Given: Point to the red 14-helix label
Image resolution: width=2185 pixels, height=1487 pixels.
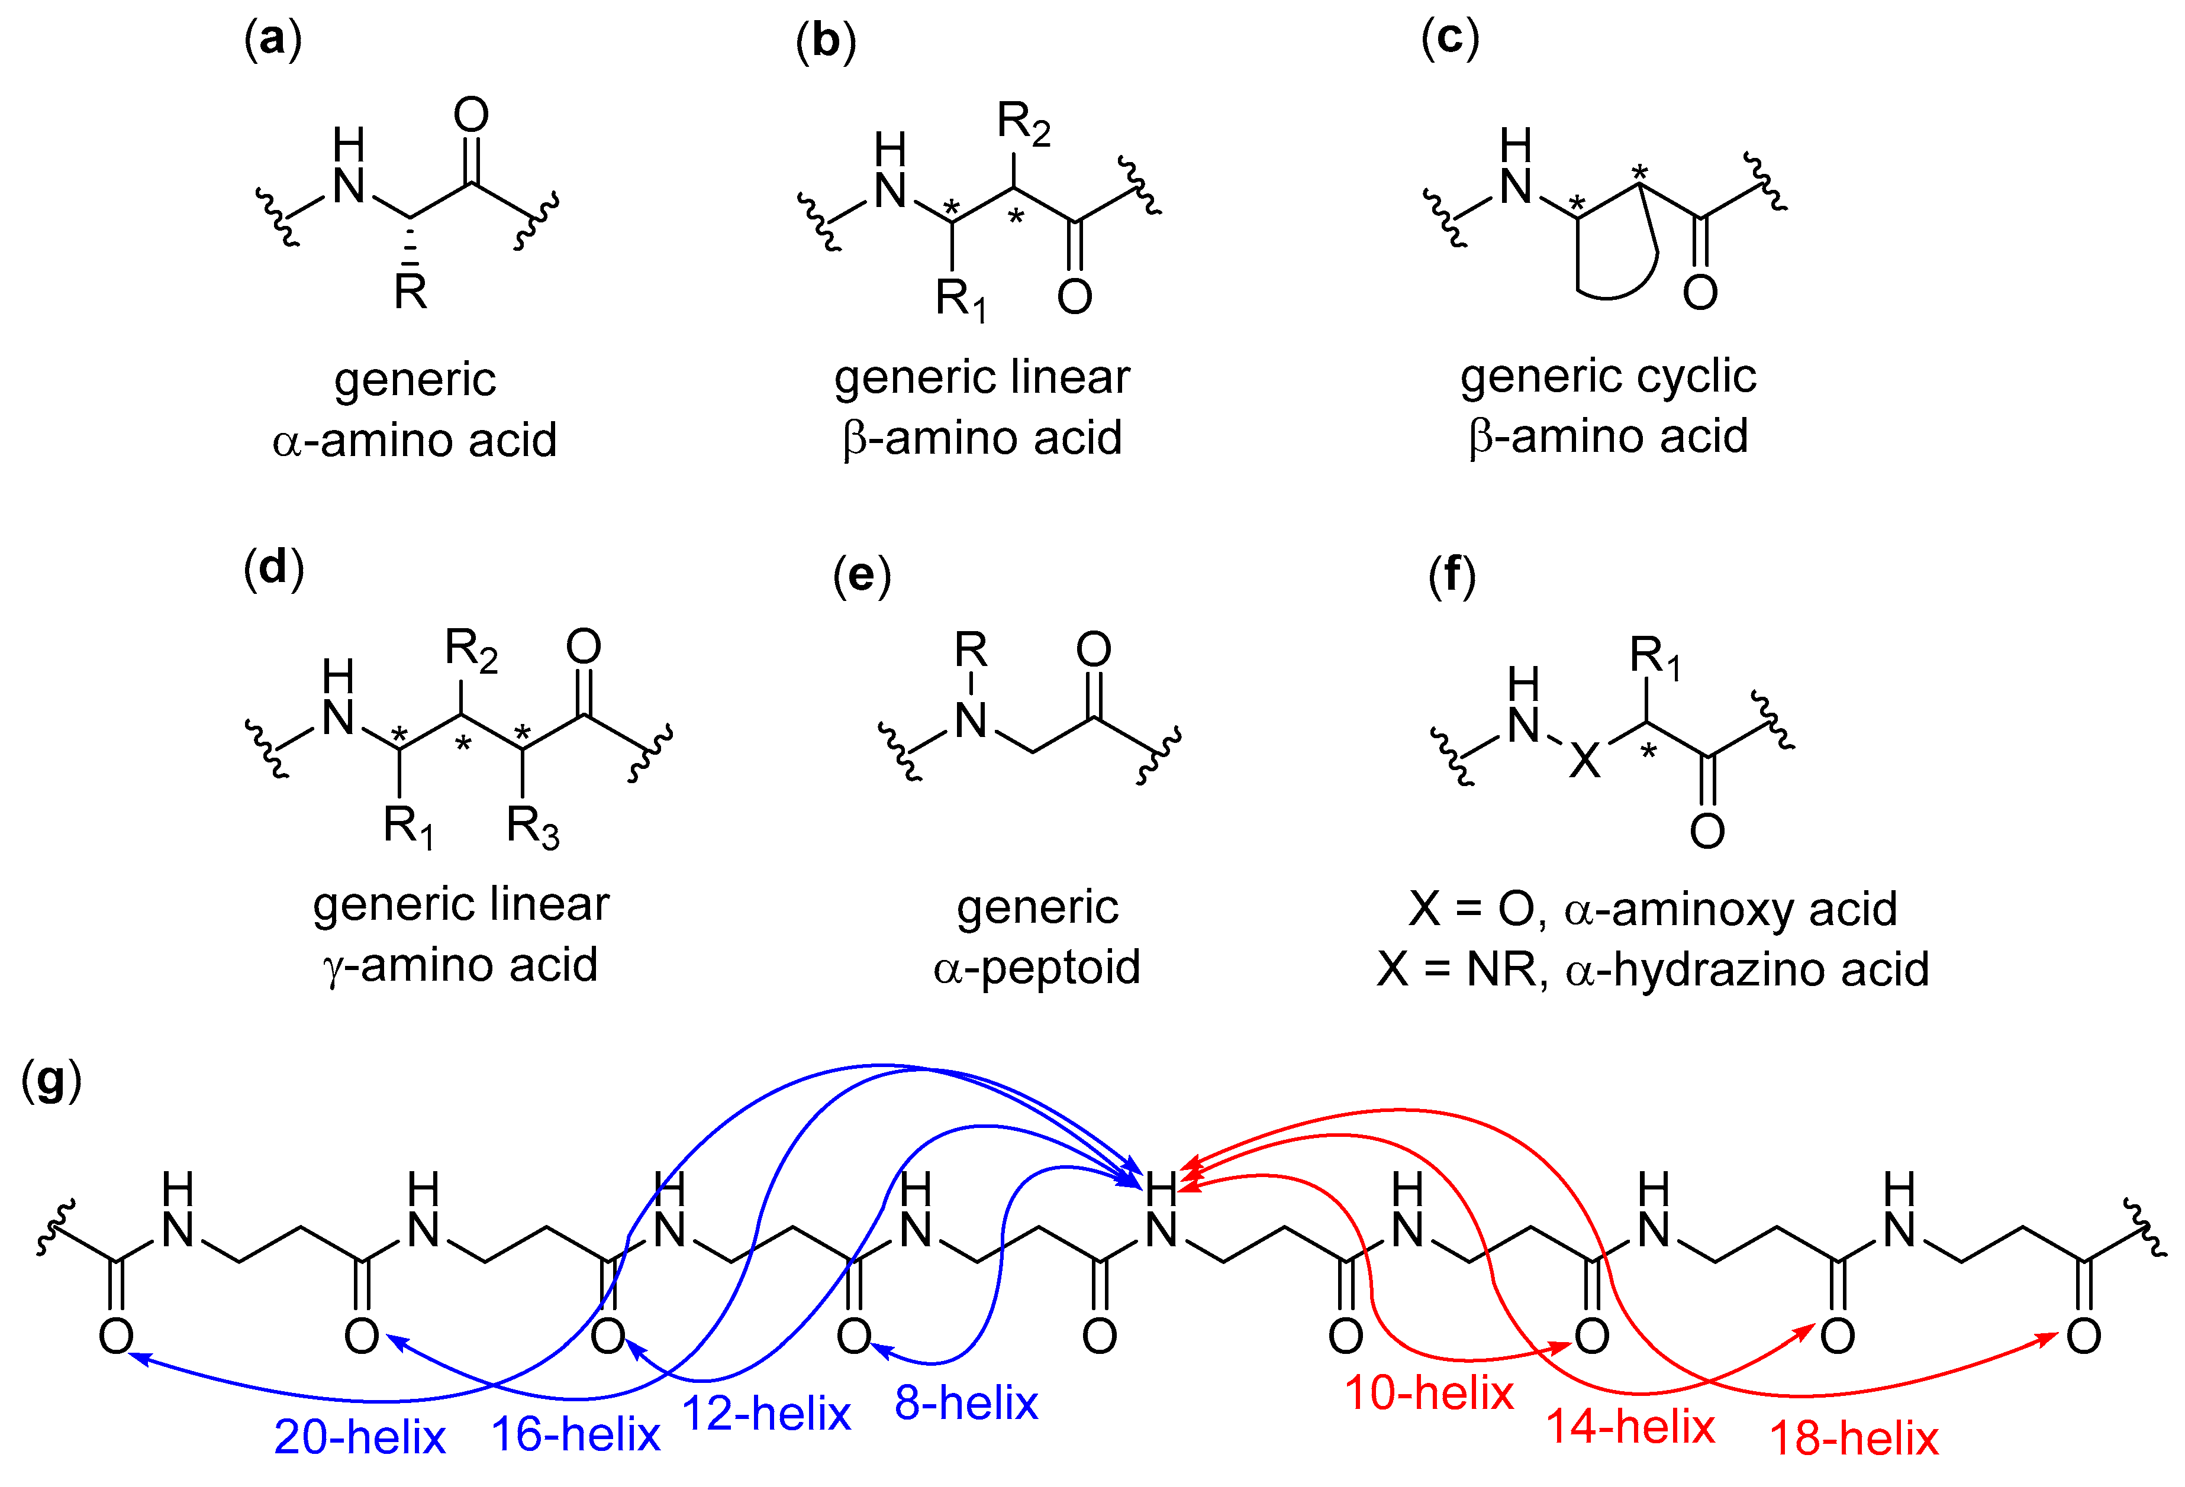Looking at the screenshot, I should coord(1630,1427).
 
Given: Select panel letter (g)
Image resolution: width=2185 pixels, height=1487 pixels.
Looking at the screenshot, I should coord(51,1081).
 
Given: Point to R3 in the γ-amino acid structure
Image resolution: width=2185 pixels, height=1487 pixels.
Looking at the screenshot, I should coord(532,827).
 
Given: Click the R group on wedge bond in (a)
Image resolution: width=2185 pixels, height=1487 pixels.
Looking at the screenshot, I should coord(411,292).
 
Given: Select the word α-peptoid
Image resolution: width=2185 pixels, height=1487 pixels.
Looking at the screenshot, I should coord(1037,967).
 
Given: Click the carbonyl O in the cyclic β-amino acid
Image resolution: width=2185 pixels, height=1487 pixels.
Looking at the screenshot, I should coord(1700,292).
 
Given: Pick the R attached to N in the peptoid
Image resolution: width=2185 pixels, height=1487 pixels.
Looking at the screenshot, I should coord(971,649).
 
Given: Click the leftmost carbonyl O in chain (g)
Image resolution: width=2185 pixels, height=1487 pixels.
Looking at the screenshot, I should coord(115,1336).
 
